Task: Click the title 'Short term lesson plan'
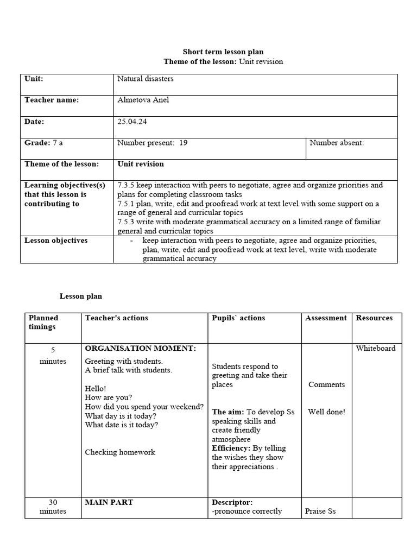(223, 52)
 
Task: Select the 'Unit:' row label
(34, 79)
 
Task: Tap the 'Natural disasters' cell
(145, 79)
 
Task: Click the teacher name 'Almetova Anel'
(143, 100)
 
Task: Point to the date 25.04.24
(132, 122)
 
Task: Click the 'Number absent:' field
(337, 143)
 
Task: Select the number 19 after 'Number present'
(183, 143)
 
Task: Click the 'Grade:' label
(37, 143)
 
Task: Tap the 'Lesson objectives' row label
(56, 241)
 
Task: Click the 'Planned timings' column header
(43, 323)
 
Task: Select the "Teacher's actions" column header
(116, 318)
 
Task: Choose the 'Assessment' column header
(326, 318)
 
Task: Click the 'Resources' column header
(374, 318)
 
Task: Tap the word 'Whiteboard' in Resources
(376, 349)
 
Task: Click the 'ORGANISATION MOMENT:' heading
(140, 348)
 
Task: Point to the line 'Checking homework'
(120, 452)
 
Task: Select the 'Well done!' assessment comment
(326, 412)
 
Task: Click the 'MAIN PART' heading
(109, 502)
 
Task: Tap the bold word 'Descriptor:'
(232, 502)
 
